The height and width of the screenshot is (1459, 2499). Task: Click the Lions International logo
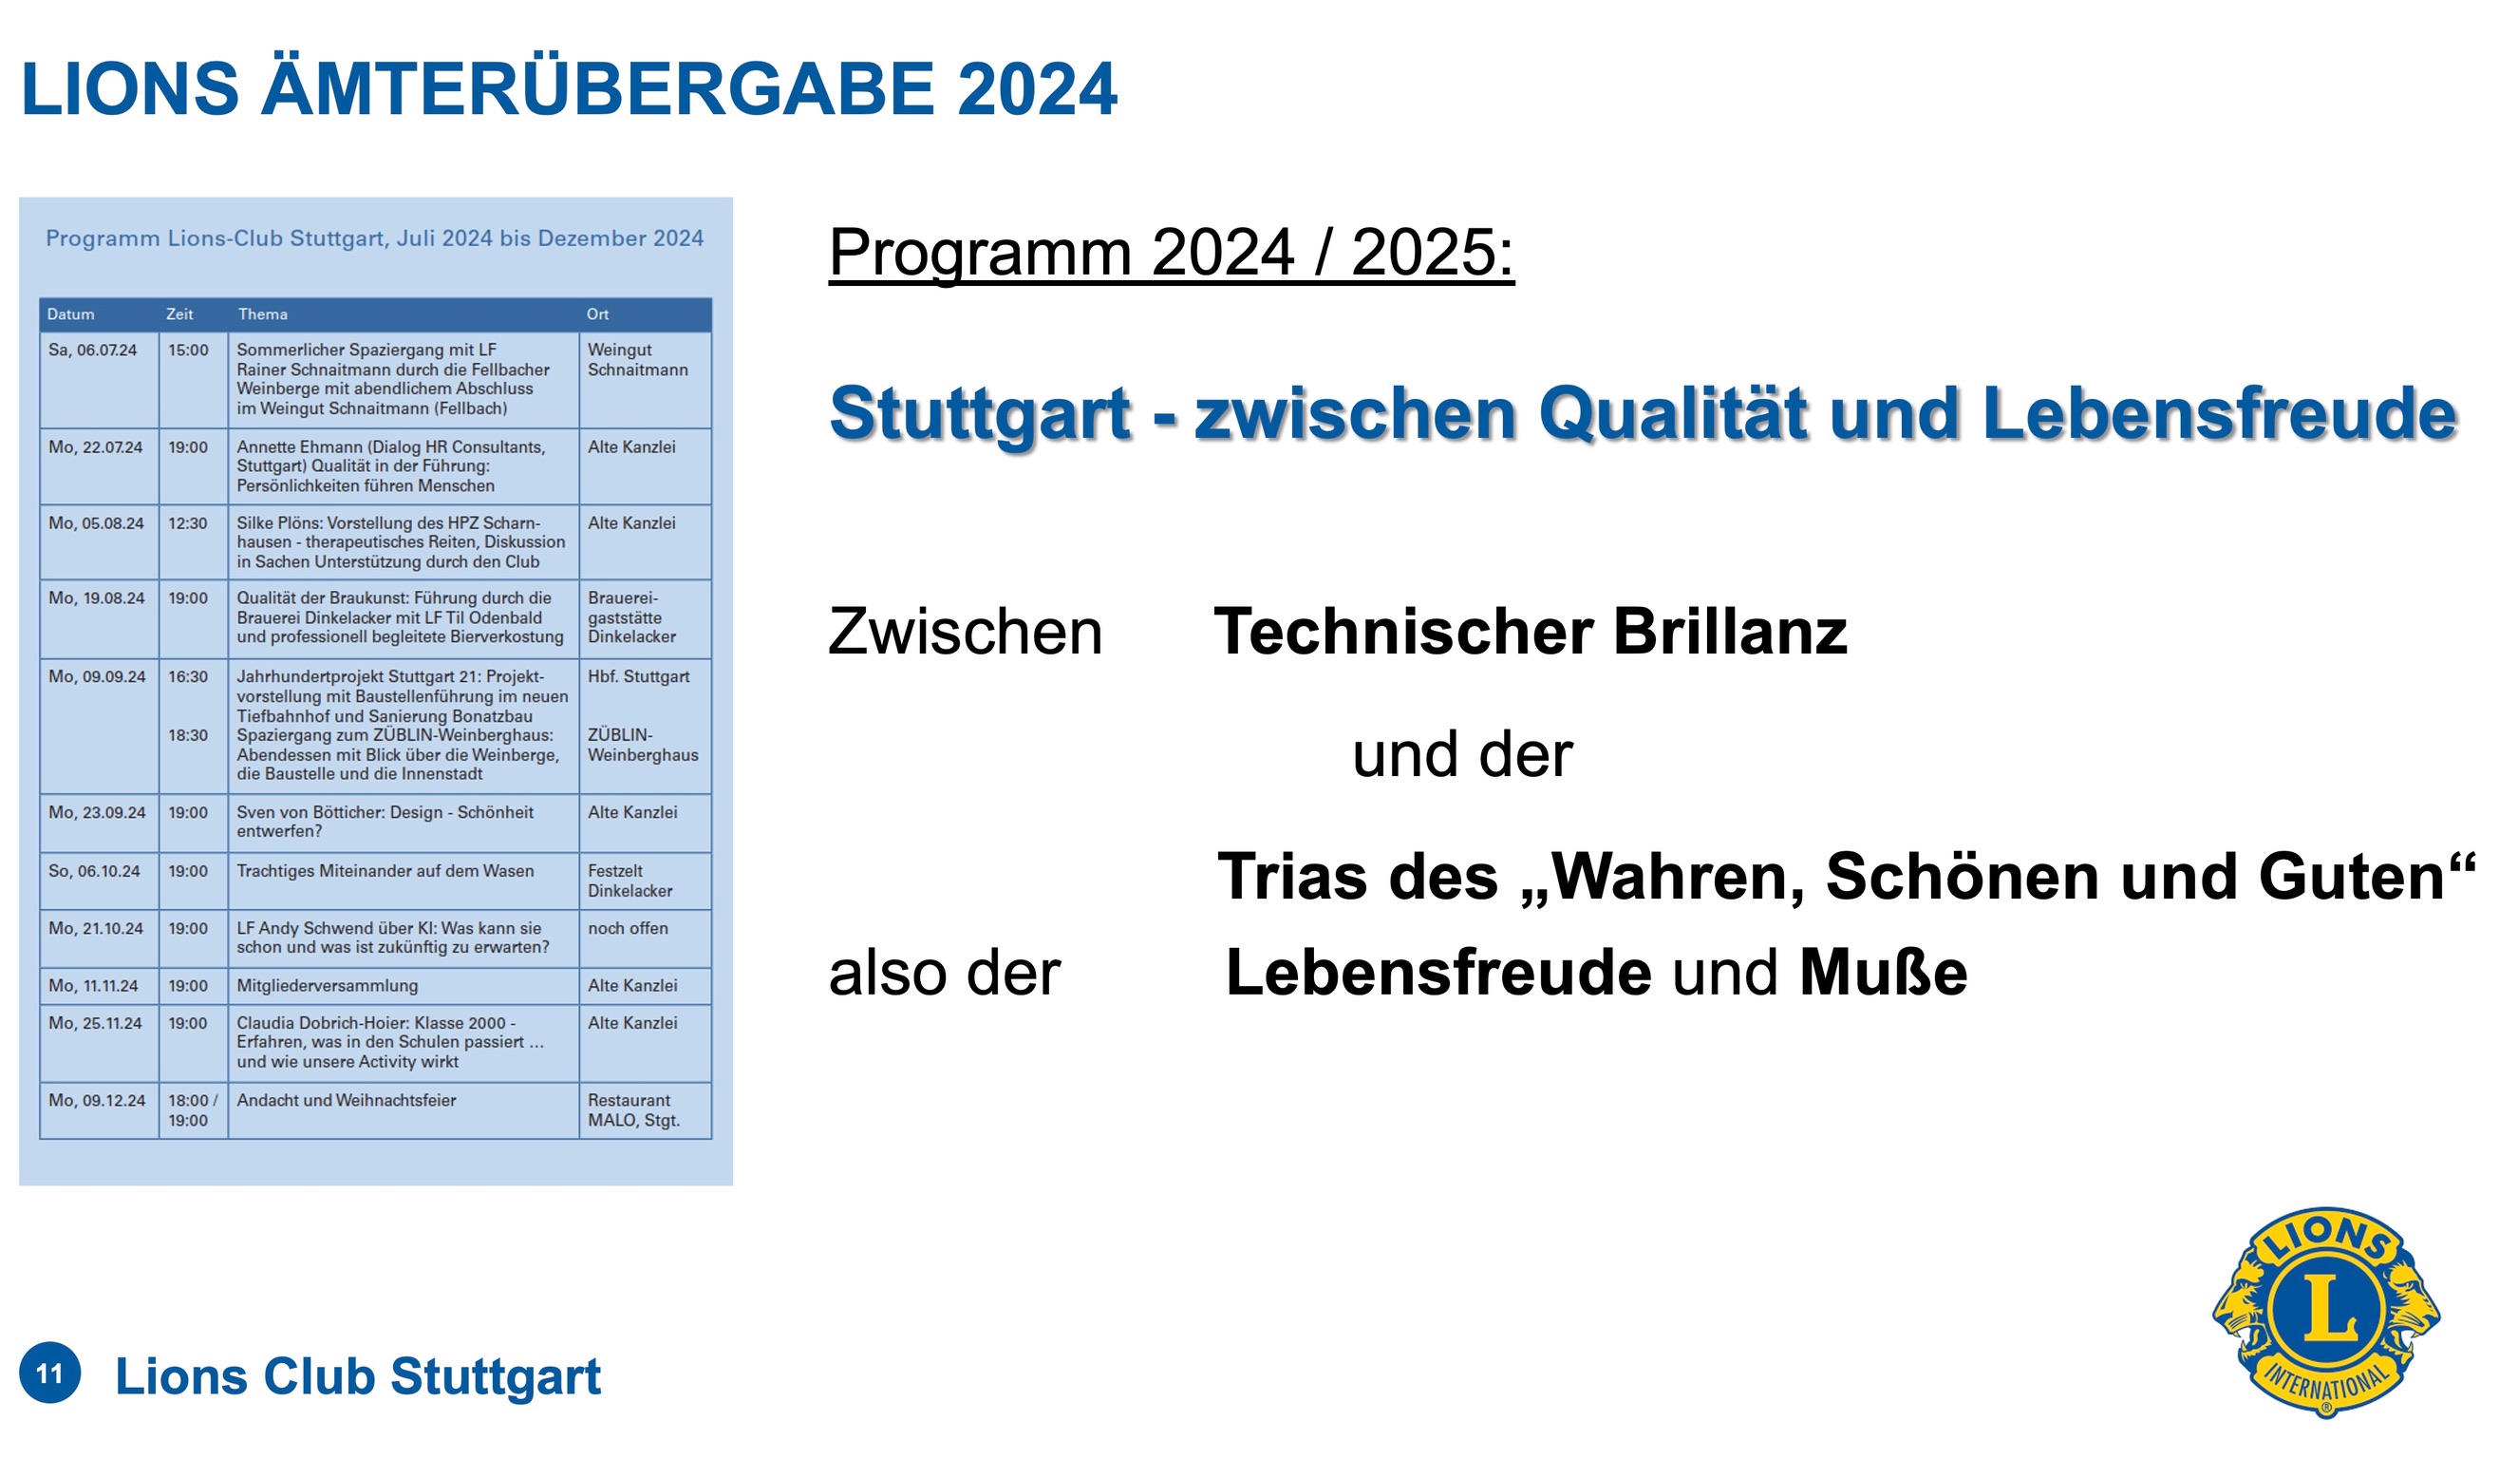[x=2325, y=1311]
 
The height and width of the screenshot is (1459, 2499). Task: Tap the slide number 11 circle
[x=49, y=1373]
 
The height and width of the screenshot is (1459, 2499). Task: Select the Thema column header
[x=263, y=314]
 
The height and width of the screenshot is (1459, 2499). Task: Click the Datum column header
[x=70, y=314]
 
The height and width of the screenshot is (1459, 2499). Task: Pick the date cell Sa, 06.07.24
[x=92, y=351]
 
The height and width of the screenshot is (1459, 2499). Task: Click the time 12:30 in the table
[x=187, y=522]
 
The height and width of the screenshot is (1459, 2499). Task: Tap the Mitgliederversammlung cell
[x=328, y=986]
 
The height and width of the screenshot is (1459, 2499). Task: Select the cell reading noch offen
[x=628, y=928]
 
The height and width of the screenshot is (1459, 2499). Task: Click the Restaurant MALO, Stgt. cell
[x=633, y=1109]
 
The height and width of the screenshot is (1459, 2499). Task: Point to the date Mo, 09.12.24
[x=97, y=1100]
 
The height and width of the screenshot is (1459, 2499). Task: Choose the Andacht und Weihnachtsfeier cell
[x=347, y=1100]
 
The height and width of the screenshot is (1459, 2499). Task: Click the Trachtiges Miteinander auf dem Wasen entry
[x=385, y=871]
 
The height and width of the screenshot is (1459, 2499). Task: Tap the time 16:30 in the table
[x=187, y=676]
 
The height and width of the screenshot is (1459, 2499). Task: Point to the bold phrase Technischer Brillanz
[x=1531, y=632]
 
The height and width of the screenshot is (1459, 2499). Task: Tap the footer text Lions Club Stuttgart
[x=358, y=1375]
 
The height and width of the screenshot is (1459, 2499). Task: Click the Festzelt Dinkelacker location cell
[x=629, y=881]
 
